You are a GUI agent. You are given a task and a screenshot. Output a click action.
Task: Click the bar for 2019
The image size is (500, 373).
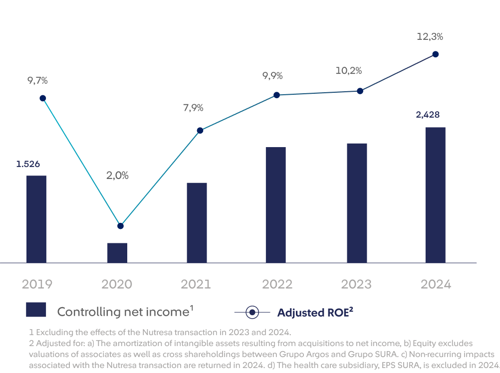[x=36, y=219]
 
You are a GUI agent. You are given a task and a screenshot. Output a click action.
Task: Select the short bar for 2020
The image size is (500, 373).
[x=117, y=252]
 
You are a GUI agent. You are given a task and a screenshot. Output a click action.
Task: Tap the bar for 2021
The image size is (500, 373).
[x=196, y=222]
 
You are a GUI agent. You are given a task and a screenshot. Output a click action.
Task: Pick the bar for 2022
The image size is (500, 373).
[x=275, y=204]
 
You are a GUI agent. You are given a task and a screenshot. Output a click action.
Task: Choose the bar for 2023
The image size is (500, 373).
[x=357, y=202]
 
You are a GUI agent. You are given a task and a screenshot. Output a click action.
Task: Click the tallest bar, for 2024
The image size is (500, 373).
[x=435, y=194]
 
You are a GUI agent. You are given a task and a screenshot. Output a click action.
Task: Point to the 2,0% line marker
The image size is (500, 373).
[x=120, y=226]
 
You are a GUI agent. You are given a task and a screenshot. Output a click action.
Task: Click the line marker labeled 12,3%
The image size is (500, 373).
[x=435, y=54]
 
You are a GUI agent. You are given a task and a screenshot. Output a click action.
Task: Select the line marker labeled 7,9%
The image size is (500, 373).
[x=200, y=130]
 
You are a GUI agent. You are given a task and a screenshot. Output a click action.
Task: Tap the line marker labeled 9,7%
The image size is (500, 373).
[x=43, y=98]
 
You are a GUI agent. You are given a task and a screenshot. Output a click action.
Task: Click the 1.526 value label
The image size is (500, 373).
[x=28, y=164]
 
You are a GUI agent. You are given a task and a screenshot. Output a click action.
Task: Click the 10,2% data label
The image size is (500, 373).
[x=348, y=71]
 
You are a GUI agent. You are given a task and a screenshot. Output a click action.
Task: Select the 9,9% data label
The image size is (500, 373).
[x=272, y=76]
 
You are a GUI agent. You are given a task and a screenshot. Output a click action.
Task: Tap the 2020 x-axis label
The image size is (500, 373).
[x=117, y=284]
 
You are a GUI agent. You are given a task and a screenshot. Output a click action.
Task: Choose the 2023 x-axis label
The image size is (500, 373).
[x=356, y=284]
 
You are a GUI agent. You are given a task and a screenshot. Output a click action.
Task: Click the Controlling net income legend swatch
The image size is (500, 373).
[x=36, y=310]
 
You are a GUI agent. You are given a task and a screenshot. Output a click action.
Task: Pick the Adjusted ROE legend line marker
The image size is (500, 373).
[x=252, y=313]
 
